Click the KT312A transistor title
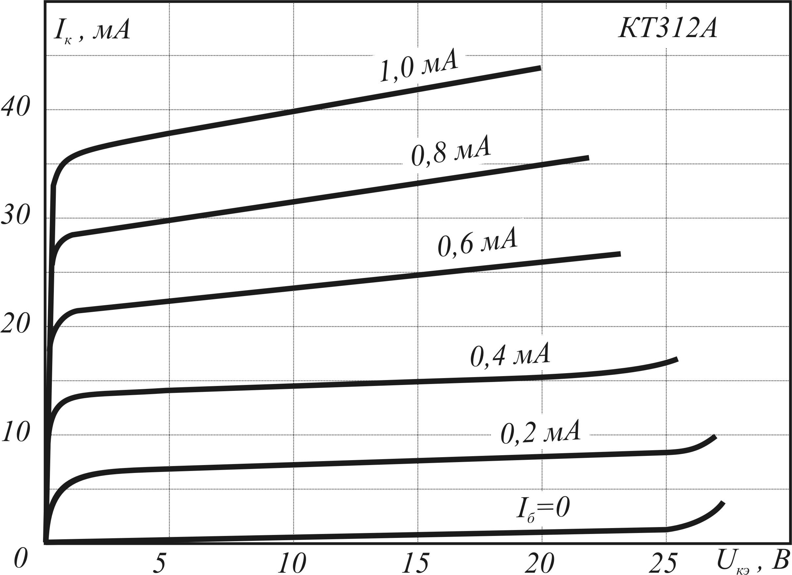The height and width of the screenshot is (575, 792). click(668, 29)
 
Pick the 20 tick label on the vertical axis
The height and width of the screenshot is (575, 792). click(16, 324)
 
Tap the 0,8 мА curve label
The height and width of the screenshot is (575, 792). click(451, 152)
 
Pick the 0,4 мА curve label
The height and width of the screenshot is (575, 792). click(510, 356)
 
